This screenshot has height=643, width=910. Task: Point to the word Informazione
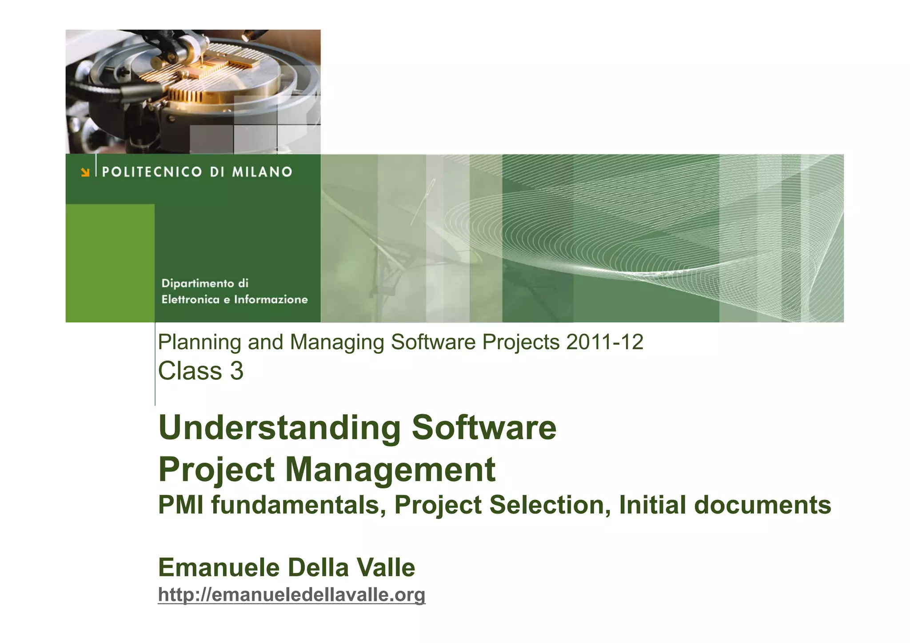pos(271,300)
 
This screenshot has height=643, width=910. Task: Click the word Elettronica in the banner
pos(190,300)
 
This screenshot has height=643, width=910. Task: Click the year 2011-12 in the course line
pos(604,342)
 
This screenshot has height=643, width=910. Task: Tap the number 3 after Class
pos(237,371)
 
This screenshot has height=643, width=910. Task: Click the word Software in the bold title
pos(484,427)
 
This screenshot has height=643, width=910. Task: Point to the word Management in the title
pos(390,470)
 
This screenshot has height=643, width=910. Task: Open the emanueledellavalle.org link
pos(291,595)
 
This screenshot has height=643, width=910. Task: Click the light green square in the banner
pos(110,263)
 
